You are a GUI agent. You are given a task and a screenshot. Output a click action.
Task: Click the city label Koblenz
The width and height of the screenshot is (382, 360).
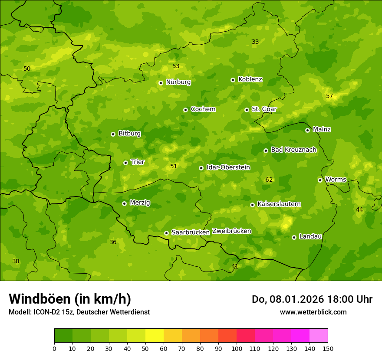(250, 79)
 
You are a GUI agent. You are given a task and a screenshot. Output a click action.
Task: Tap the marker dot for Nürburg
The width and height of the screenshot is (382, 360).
(161, 83)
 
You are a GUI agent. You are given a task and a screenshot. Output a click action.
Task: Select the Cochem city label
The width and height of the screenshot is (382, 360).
(203, 109)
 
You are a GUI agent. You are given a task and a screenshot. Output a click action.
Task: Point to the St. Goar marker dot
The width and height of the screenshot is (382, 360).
(247, 110)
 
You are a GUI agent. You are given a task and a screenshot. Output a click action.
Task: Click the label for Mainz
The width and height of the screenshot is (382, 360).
(322, 130)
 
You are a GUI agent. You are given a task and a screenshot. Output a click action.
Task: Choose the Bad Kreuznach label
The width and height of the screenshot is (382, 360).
(293, 150)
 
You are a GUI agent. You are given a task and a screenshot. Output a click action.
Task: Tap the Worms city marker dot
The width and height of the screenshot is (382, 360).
(320, 180)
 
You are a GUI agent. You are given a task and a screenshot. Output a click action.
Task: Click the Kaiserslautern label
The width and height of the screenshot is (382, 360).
(279, 204)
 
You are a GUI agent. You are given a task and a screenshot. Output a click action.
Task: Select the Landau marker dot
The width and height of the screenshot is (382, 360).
(294, 237)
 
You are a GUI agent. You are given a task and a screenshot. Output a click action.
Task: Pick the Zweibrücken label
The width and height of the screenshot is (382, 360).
(231, 231)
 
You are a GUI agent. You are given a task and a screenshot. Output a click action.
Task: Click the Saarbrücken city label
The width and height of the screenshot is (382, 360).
(191, 232)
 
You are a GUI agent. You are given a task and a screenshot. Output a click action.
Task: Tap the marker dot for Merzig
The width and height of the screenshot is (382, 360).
(124, 203)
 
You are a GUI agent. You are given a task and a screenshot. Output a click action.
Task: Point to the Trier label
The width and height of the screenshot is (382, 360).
(138, 162)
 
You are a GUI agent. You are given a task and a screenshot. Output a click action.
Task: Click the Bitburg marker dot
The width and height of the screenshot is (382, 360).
(113, 134)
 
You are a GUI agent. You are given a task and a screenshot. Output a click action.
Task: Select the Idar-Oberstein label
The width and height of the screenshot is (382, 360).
(228, 167)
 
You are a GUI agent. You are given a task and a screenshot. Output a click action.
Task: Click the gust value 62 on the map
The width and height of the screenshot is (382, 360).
(269, 180)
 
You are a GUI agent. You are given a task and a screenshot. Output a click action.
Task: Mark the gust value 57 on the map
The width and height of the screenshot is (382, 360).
(329, 96)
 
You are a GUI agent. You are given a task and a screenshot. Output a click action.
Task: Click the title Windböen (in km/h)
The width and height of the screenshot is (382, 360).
(70, 299)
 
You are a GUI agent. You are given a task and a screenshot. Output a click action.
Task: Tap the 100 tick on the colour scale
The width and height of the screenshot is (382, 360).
(237, 348)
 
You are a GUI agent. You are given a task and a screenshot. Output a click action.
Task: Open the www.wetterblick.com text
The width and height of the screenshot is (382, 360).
(313, 312)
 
